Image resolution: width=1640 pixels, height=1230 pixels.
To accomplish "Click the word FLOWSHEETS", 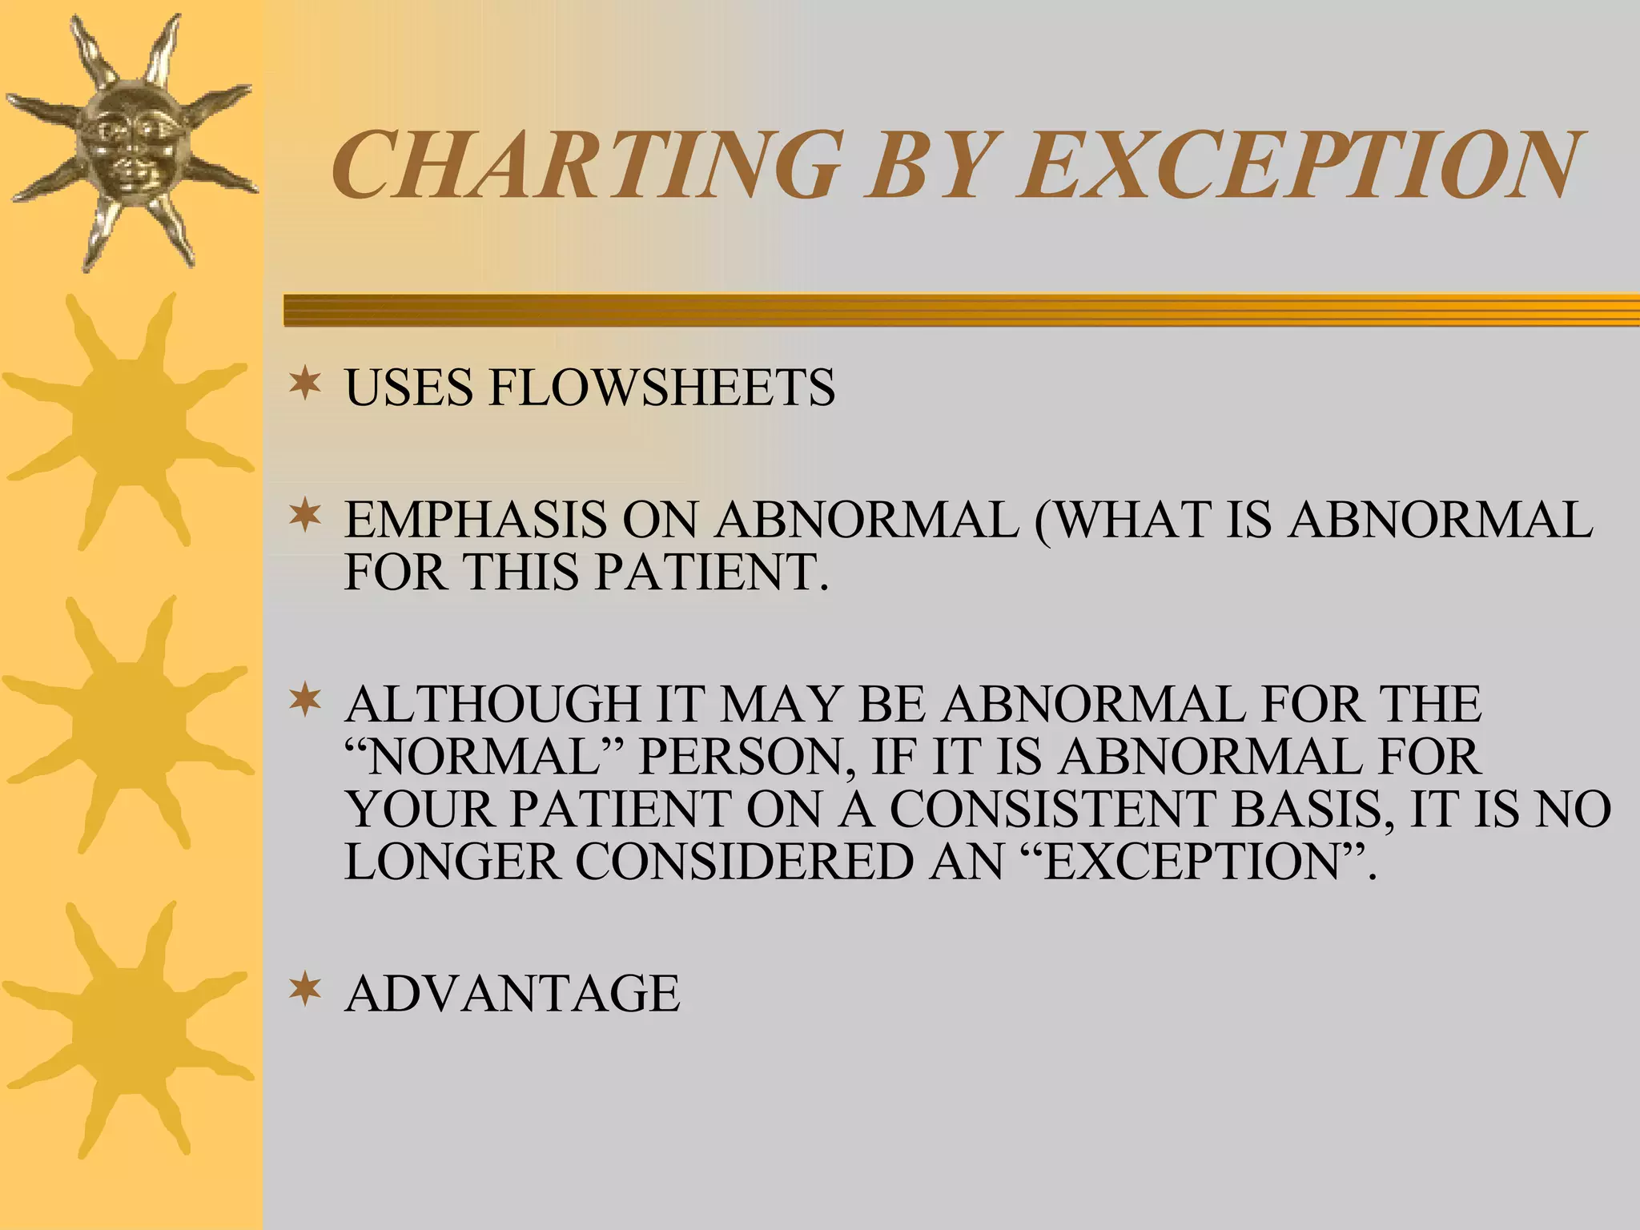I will (661, 388).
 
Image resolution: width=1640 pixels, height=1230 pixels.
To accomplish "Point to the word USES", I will (408, 388).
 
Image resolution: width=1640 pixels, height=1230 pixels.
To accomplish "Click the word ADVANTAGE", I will (512, 993).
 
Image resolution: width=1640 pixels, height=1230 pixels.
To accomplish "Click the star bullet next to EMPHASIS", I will (305, 516).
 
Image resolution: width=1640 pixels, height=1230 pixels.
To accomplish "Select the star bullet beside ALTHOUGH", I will (305, 701).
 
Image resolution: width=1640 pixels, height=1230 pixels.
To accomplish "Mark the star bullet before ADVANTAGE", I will (305, 990).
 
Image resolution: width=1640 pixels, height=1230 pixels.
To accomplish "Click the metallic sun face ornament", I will (131, 143).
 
